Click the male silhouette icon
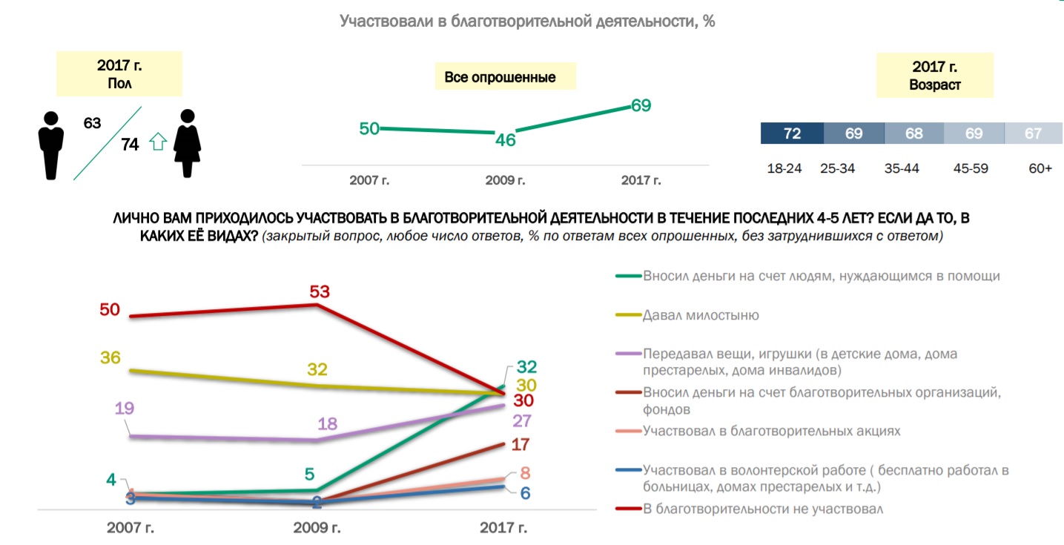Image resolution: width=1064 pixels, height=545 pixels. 50,145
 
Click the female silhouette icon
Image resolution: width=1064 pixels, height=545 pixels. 187,145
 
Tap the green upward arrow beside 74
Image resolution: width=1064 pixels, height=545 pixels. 156,142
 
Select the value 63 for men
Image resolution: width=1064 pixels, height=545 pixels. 92,123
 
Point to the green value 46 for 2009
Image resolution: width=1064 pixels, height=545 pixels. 505,139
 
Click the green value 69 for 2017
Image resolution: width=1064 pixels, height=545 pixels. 641,105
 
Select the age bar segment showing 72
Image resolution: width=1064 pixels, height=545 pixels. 792,133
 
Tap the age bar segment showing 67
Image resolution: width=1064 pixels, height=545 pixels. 1032,133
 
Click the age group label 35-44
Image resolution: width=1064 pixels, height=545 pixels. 902,168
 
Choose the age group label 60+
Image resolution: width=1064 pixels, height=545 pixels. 1040,168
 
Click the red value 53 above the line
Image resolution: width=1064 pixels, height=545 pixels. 319,291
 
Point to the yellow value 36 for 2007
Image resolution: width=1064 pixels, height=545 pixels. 110,357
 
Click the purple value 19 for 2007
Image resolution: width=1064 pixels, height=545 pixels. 124,409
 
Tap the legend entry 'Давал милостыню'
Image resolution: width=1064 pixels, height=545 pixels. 701,315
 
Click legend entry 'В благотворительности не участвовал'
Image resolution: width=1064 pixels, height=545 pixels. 764,509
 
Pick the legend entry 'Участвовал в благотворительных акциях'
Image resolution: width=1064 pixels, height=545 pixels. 772,431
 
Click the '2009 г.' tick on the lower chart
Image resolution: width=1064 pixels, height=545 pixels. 317,528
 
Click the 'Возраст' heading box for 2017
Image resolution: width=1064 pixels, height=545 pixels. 934,75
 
